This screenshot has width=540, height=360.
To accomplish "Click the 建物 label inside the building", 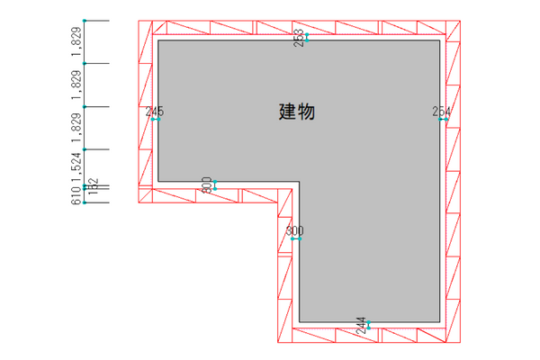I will point(296,112).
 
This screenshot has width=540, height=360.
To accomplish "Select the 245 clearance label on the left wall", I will point(155,112).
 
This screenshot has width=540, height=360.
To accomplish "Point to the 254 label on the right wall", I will point(441,112).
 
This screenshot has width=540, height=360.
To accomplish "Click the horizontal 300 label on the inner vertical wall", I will point(295,231).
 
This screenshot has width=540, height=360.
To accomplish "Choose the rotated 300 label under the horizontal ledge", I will point(206,184).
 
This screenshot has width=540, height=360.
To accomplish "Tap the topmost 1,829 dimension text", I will point(76,41).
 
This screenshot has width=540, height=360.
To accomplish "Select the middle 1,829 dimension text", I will point(76,85).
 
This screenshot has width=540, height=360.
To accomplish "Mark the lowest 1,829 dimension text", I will point(76,128).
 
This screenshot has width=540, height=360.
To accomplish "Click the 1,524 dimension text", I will point(76,167).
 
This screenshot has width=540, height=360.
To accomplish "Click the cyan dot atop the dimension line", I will point(85,20).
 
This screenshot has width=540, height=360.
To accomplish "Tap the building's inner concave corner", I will point(299,182).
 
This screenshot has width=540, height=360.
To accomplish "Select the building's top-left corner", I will point(158,40).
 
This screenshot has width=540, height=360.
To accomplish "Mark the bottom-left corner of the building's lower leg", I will point(299,321).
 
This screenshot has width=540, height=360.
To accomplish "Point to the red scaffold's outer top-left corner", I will point(139,20).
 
